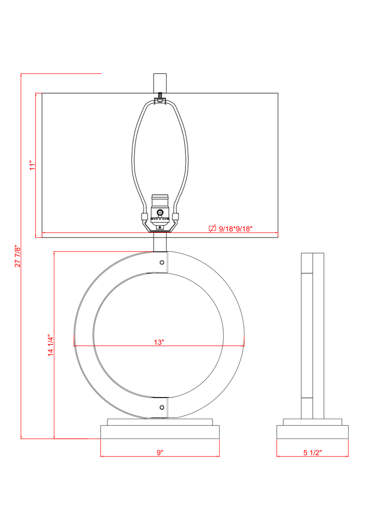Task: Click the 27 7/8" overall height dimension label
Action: (18, 256)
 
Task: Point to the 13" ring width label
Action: (159, 342)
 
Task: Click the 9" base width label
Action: (160, 453)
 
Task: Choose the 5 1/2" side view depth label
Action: (312, 453)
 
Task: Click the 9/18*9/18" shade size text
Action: (236, 229)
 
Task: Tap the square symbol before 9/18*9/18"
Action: (213, 228)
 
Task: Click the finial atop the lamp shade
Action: (160, 83)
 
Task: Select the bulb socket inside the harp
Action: (160, 208)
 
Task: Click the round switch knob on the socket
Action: (160, 213)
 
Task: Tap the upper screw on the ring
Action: (161, 262)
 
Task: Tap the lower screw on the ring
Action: (161, 407)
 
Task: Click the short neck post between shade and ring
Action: (160, 243)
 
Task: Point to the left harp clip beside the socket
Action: (144, 216)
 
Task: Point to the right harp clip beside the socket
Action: (176, 216)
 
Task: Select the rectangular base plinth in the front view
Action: (160, 432)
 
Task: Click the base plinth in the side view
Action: (312, 432)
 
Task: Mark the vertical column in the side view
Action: (312, 334)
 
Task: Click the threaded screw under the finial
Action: (160, 97)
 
